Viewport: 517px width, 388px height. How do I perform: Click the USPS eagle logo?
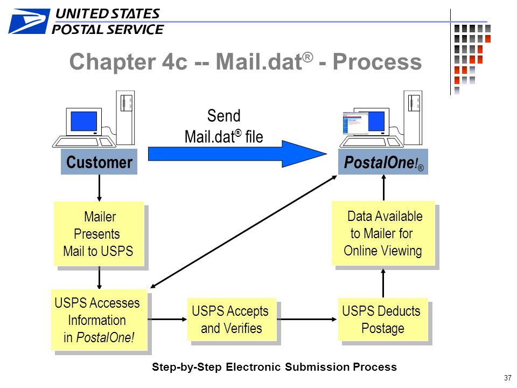29,21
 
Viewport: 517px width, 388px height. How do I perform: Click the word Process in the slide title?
377,61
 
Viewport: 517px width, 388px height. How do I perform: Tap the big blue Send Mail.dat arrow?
237,154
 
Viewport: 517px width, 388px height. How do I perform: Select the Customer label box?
99,162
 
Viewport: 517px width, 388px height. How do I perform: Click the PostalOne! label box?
383,162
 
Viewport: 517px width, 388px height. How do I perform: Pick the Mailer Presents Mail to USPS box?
99,233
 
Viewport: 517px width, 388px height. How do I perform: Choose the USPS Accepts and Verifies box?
232,320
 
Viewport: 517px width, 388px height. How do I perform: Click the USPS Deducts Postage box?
383,320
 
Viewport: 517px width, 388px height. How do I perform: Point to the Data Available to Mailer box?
383,233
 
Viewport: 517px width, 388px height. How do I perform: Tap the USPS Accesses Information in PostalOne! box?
99,320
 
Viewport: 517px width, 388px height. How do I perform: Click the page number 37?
507,378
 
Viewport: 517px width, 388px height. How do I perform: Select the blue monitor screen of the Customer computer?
84,121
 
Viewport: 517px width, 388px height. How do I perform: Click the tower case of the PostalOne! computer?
413,117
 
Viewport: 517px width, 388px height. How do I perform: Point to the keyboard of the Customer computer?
84,142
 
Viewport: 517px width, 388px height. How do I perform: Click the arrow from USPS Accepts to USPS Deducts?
306,320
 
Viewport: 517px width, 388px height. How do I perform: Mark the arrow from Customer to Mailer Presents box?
99,188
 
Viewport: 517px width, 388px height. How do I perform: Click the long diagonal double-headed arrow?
243,232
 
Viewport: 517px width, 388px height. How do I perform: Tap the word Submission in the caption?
317,367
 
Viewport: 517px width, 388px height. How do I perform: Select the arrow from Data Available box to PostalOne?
383,188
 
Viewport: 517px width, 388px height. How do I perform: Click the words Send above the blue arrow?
224,116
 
